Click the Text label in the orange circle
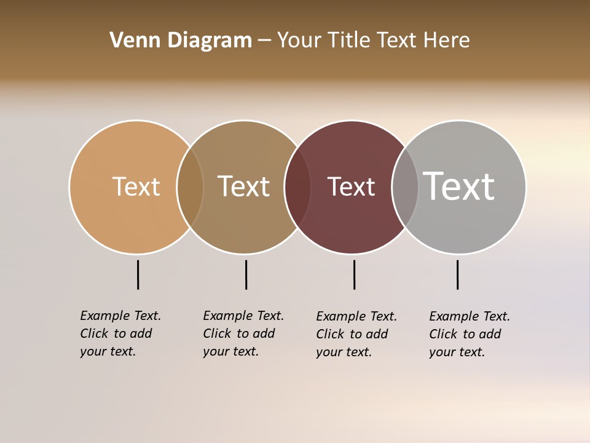click(x=136, y=186)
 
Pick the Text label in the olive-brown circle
click(x=243, y=186)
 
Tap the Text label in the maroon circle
click(x=351, y=187)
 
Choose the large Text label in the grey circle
click(x=459, y=186)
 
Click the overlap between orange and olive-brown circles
click(x=190, y=187)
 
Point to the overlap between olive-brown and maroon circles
click(x=297, y=187)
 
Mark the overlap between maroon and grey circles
click(x=405, y=187)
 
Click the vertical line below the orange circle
click(x=138, y=274)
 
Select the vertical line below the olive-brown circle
click(x=246, y=274)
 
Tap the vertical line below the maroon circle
click(x=354, y=274)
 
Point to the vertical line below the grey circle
click(x=457, y=274)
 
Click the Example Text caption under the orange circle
click(x=120, y=333)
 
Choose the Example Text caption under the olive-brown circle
click(x=243, y=333)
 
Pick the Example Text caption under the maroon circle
click(x=356, y=334)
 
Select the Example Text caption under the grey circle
click(x=470, y=334)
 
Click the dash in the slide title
click(x=264, y=41)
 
